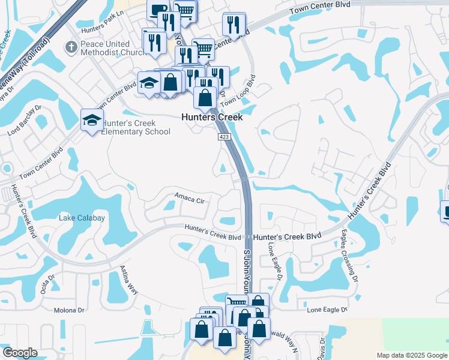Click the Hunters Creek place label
click(x=212, y=118)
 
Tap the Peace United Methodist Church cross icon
click(x=71, y=46)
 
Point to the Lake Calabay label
click(x=82, y=218)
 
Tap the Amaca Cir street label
click(x=190, y=197)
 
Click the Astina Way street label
click(x=129, y=280)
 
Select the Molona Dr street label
click(x=70, y=310)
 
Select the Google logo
click(x=20, y=353)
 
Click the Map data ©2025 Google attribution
click(x=411, y=355)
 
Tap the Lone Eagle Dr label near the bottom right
click(x=327, y=310)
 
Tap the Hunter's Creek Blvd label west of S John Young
click(x=213, y=232)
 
